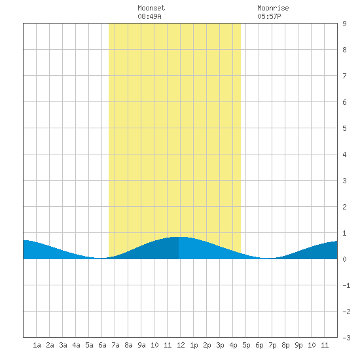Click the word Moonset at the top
pos(151,8)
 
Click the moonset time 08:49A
pos(149,16)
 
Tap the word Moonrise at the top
pos(273,8)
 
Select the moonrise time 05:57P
pos(269,16)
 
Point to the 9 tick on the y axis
pos(344,24)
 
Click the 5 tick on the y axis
pos(344,128)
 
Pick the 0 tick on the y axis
pos(344,259)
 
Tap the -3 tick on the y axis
pos(346,338)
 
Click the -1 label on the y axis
pos(346,285)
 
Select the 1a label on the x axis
pos(37,345)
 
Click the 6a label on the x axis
pos(102,345)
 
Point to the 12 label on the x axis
pos(181,345)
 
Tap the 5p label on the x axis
pos(246,345)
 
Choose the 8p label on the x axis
pos(285,345)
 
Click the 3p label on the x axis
pos(220,345)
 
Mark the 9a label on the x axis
pos(141,345)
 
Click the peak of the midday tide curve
pos(179,237)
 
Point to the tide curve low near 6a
pos(101,259)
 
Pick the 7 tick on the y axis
pos(344,76)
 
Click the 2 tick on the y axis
pos(344,207)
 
